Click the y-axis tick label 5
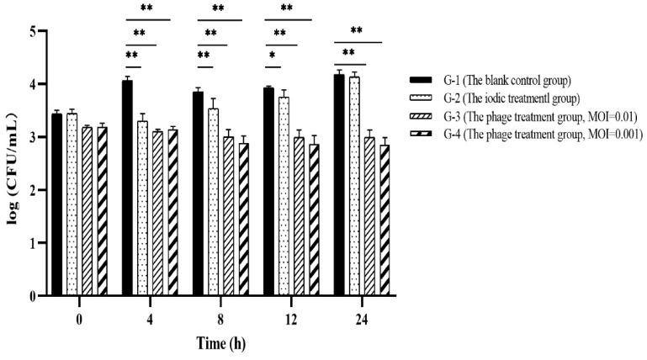(x=33, y=31)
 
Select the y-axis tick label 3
(x=33, y=137)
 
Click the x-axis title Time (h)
(x=221, y=344)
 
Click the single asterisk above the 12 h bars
(x=274, y=56)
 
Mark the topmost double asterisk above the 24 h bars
(x=357, y=31)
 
